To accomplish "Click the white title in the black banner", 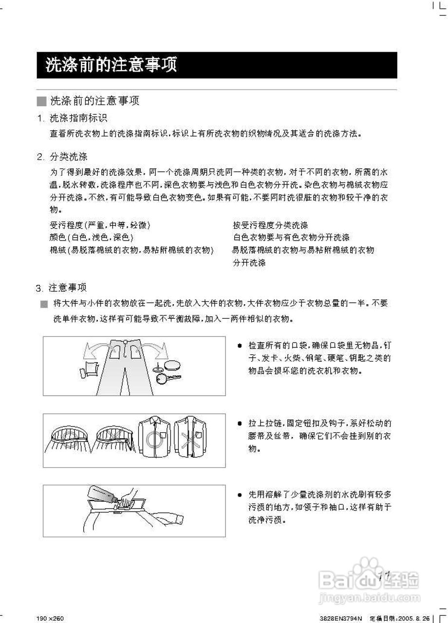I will [111, 65].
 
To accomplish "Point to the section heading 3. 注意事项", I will [61, 288].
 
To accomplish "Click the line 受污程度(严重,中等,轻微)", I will [100, 225].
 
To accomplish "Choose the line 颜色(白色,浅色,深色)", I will [92, 238].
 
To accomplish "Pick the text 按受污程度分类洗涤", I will [270, 225].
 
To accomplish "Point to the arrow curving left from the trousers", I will [94, 350].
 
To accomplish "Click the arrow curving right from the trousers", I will [154, 350].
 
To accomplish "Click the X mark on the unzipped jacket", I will [187, 439].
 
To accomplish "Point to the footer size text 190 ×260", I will [50, 619].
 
